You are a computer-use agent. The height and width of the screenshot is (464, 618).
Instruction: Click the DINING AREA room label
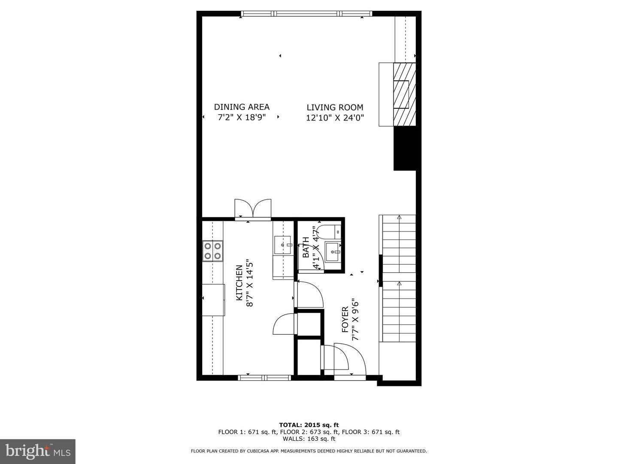242,107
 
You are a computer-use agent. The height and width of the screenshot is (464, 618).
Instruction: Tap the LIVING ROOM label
335,107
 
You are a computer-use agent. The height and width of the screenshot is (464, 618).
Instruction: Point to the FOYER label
345,320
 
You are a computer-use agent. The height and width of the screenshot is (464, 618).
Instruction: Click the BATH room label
306,247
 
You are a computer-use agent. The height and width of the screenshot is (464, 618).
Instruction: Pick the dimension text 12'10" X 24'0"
335,118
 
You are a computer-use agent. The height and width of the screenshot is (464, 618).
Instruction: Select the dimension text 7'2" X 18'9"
242,117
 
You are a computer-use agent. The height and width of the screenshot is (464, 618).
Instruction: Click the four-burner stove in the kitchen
213,251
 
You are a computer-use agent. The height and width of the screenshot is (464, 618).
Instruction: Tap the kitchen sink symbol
282,245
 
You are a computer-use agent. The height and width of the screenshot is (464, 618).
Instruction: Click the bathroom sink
333,252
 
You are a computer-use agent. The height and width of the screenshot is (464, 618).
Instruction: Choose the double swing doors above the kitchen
253,209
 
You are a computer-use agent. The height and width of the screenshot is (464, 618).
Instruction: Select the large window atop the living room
307,14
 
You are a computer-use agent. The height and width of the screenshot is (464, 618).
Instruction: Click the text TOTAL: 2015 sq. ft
309,425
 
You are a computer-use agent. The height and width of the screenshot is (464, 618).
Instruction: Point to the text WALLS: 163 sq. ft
309,439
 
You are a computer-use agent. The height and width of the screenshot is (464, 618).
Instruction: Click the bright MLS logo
38,451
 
